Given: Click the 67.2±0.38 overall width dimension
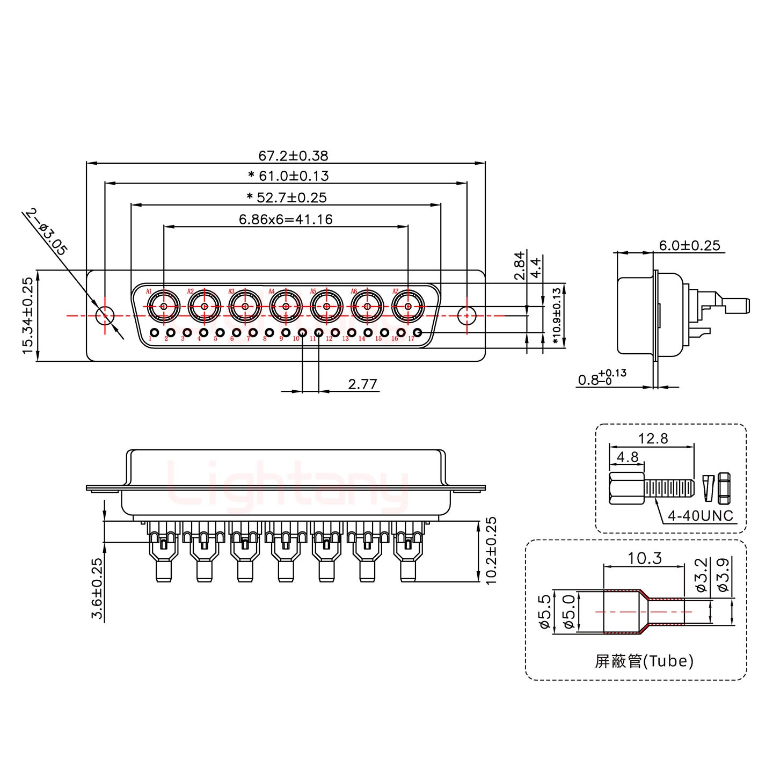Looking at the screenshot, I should pyautogui.click(x=293, y=156).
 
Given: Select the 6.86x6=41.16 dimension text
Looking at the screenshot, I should pyautogui.click(x=286, y=219).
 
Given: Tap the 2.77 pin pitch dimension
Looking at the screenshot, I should pyautogui.click(x=363, y=384).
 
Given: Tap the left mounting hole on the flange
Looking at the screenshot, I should pyautogui.click(x=105, y=315).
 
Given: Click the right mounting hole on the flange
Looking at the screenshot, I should pyautogui.click(x=466, y=315).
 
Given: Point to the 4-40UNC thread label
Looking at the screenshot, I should pyautogui.click(x=700, y=516).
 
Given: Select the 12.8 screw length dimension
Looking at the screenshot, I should pyautogui.click(x=653, y=439).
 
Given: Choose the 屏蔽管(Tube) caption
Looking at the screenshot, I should pyautogui.click(x=644, y=661).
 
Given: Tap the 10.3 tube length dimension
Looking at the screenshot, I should pyautogui.click(x=644, y=559).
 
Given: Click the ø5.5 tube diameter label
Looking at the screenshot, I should pyautogui.click(x=543, y=612).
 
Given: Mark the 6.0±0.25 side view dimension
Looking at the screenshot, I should pyautogui.click(x=689, y=245).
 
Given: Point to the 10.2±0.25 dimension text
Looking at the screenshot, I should pyautogui.click(x=492, y=549).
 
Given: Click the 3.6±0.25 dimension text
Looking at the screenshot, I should pyautogui.click(x=97, y=589).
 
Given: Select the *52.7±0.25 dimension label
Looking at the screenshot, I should pyautogui.click(x=287, y=198).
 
